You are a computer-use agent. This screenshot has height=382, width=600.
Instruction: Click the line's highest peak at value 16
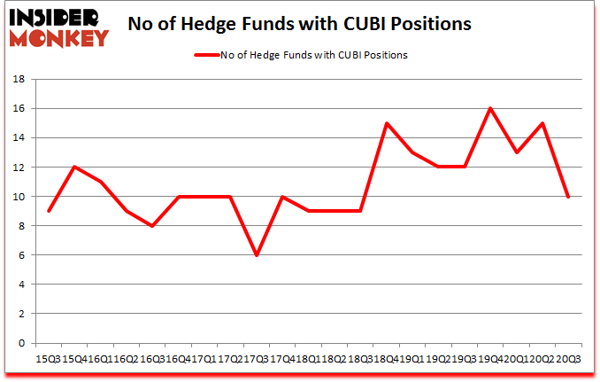click(x=490, y=108)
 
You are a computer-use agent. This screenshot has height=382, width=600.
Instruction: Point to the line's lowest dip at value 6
click(x=257, y=255)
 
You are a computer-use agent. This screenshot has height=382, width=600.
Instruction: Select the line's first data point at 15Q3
click(x=49, y=211)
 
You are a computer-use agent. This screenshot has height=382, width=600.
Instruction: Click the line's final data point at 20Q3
click(x=567, y=196)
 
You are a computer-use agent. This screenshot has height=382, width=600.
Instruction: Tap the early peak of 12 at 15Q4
click(x=74, y=167)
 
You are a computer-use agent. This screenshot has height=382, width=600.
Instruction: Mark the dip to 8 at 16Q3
click(x=152, y=226)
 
